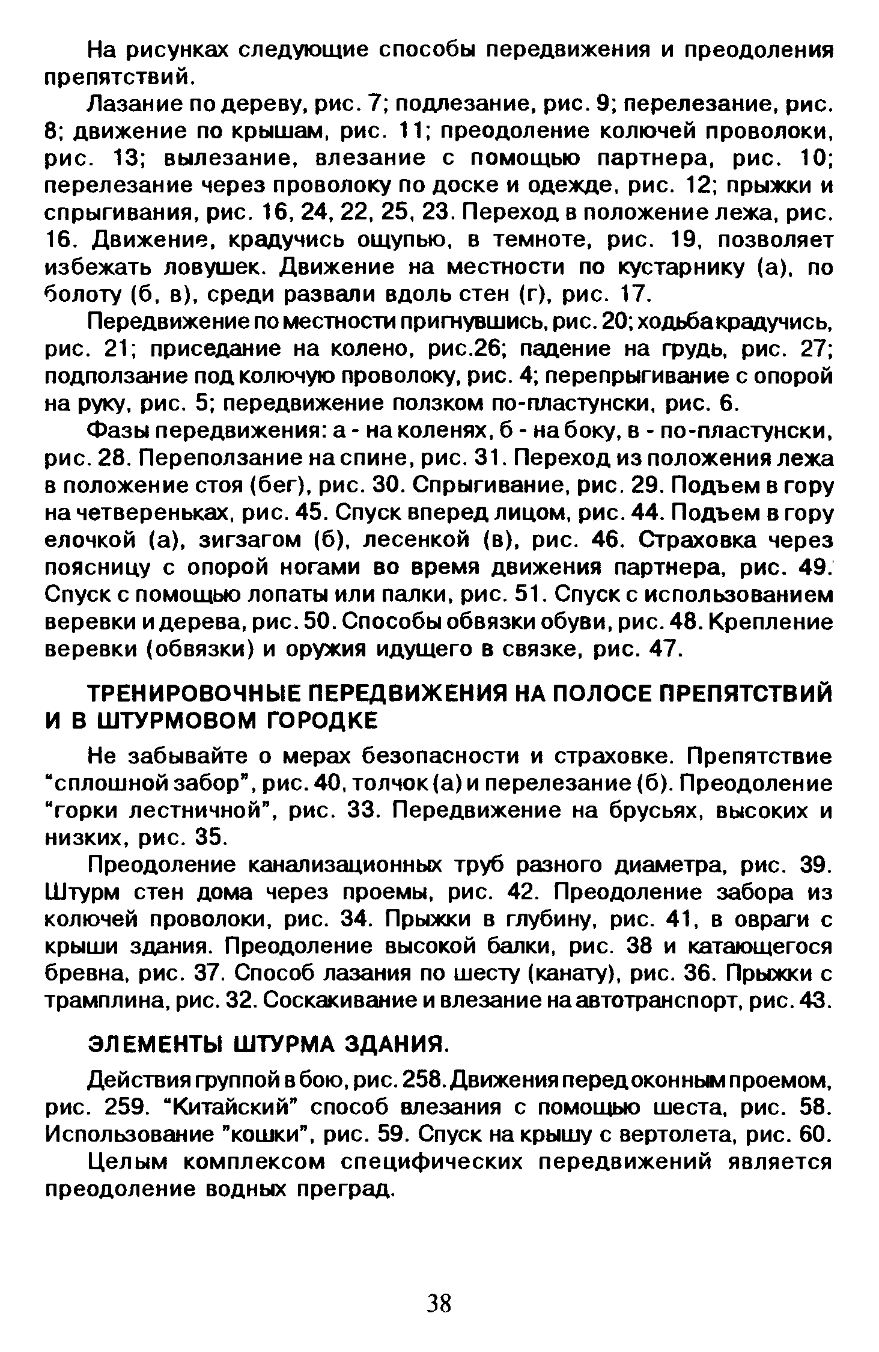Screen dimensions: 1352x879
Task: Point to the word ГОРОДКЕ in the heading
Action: pos(321,721)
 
